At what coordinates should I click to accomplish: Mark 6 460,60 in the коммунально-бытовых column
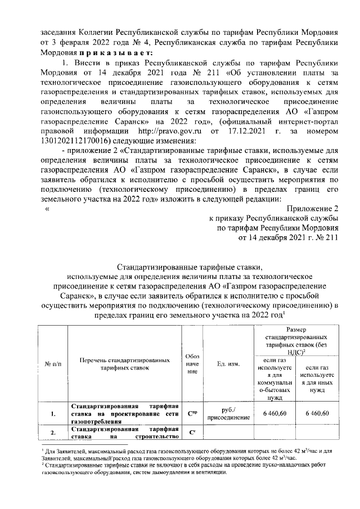274,414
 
